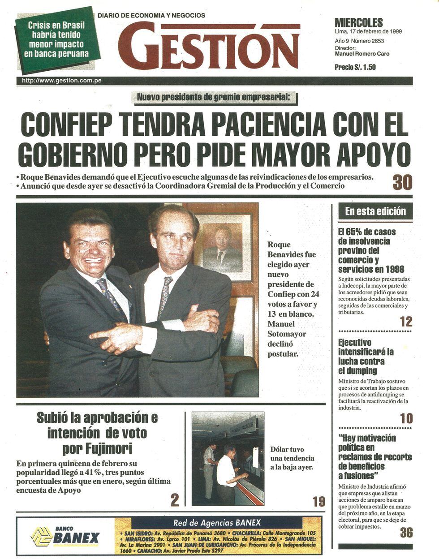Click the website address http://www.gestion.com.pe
click(61, 81)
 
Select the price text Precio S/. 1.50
click(355, 67)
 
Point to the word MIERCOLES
click(359, 22)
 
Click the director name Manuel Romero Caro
click(362, 54)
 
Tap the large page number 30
click(402, 182)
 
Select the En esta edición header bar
click(375, 211)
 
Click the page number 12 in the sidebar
click(406, 322)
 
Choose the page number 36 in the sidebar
click(406, 532)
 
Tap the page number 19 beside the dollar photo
click(318, 502)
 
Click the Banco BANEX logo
click(65, 536)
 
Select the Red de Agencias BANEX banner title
click(217, 523)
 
